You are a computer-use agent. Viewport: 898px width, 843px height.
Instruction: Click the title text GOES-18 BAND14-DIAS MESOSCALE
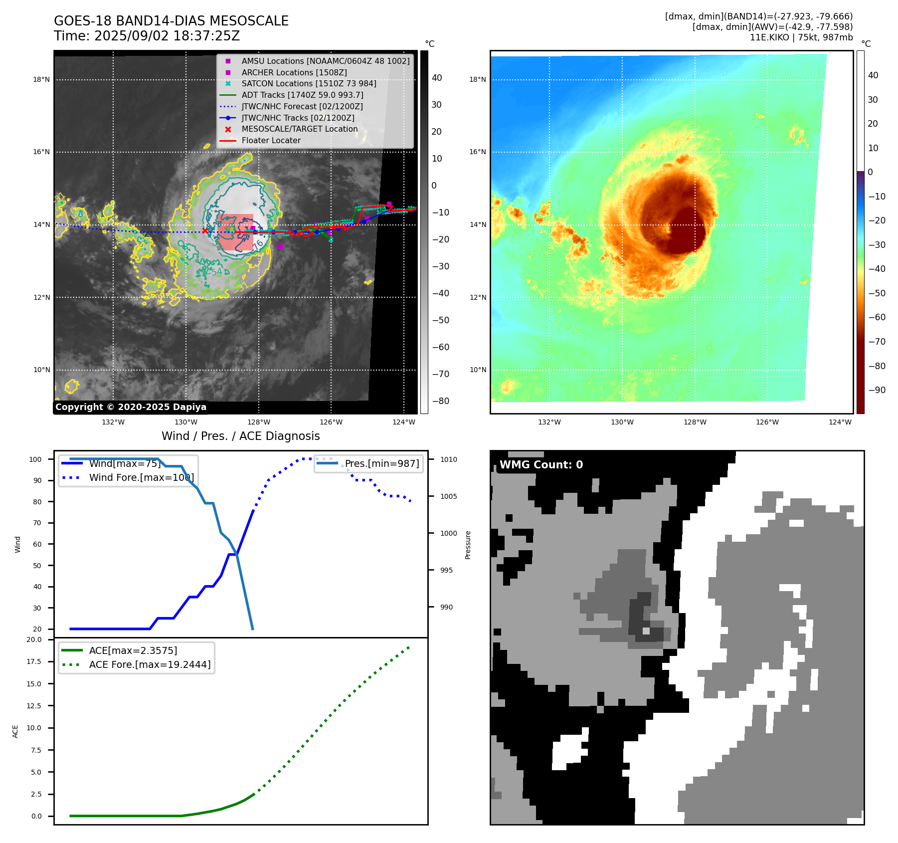point(171,21)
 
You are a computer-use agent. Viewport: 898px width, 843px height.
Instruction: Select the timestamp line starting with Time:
point(147,36)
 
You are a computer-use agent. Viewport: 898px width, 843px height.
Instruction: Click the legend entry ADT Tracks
point(302,95)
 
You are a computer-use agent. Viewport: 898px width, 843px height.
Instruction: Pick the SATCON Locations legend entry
point(309,83)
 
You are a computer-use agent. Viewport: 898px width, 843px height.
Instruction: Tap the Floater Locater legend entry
point(271,140)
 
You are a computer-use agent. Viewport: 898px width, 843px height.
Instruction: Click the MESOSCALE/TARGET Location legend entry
point(299,129)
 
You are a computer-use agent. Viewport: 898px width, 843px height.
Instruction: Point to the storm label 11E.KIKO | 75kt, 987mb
point(801,37)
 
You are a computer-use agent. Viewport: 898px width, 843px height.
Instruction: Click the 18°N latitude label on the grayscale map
point(41,79)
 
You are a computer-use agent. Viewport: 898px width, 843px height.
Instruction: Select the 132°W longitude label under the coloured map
point(549,422)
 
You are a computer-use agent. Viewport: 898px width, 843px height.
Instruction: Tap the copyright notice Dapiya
point(131,407)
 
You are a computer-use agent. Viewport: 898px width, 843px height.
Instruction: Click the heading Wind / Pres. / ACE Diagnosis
point(240,436)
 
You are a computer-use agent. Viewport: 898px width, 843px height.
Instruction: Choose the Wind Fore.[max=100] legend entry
point(141,477)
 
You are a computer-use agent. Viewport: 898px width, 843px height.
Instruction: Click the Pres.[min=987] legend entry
point(382,463)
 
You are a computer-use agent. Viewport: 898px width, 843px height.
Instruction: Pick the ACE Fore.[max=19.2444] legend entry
point(150,664)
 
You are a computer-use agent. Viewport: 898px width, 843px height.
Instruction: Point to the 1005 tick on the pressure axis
point(448,496)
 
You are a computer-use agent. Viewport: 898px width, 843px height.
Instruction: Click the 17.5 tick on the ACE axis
point(34,661)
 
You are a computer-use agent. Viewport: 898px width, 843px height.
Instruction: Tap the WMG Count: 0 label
point(541,465)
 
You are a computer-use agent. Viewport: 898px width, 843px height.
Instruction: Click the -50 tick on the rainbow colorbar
point(876,293)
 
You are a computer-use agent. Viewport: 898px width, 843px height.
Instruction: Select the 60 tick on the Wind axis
point(37,544)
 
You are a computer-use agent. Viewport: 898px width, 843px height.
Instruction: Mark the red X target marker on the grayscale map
point(205,230)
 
